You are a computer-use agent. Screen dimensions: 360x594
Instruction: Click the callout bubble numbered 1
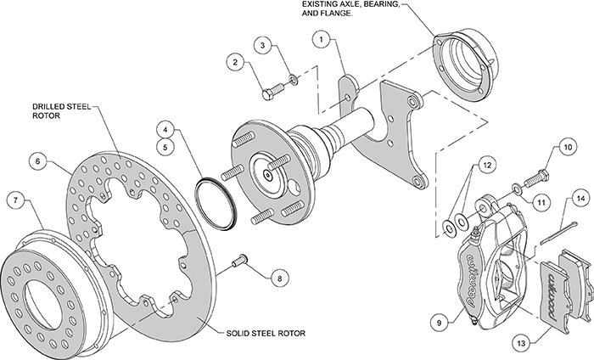(322, 39)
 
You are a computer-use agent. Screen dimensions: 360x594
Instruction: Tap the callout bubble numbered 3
(264, 44)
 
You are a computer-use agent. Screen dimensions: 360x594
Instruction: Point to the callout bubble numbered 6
(37, 160)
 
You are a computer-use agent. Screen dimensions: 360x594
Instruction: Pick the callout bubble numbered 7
(14, 201)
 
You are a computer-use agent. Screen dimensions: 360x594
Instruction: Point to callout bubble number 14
(580, 200)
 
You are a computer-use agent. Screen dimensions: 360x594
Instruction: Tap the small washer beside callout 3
(292, 79)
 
